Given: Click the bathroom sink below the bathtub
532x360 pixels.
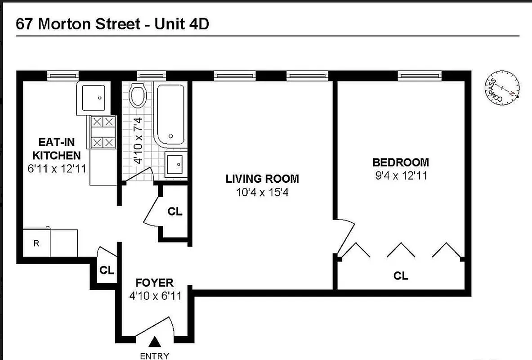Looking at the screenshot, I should [174, 164].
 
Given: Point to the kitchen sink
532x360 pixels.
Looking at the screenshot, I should [93, 98].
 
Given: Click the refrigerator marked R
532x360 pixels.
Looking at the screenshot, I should [36, 243].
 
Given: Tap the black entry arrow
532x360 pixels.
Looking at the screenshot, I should [155, 342].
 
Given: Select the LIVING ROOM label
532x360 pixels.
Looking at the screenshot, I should [262, 179].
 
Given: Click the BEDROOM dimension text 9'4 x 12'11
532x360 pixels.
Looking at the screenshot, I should [401, 175].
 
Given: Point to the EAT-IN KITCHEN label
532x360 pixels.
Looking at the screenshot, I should [56, 149].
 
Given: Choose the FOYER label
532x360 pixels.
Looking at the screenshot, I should [154, 283].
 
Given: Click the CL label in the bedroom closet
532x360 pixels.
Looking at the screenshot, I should [401, 275].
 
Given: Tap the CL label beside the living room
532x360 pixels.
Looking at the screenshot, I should [175, 211].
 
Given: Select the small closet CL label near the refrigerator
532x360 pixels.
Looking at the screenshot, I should [107, 270].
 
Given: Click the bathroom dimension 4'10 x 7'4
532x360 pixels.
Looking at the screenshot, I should [138, 140].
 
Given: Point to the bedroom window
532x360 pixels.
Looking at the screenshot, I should [420, 76].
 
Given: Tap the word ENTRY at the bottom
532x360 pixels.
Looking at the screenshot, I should [155, 356].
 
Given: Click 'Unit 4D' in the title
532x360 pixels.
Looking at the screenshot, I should [182, 24].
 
